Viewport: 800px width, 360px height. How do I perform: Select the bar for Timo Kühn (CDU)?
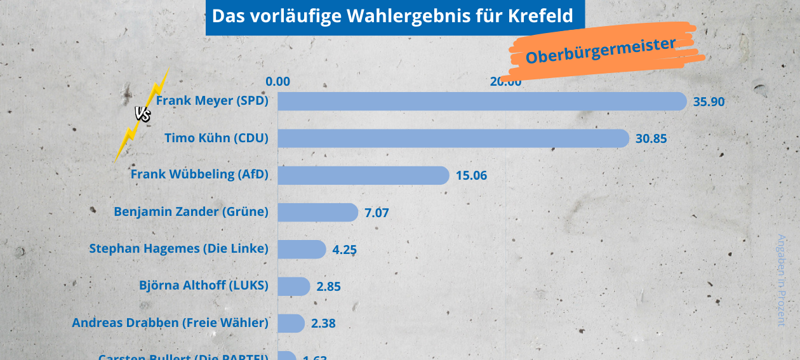[453, 138]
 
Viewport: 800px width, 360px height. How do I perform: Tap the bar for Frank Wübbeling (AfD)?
[363, 175]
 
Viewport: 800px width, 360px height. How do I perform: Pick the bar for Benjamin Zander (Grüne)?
[317, 212]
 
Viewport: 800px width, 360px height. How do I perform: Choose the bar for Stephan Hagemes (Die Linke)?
[302, 249]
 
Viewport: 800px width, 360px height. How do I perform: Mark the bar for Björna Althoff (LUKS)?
[293, 286]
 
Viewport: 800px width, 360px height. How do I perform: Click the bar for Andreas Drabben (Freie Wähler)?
[291, 323]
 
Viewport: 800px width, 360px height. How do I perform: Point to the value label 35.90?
[709, 102]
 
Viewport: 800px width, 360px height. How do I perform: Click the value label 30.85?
[651, 138]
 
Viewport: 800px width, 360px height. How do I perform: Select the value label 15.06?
[471, 175]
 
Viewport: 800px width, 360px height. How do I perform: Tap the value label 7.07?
[377, 213]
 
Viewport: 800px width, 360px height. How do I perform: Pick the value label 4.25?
[344, 250]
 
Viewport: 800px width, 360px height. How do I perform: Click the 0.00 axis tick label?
[278, 81]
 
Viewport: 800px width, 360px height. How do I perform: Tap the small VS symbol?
[142, 114]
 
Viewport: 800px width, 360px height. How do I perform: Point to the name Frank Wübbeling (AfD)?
[199, 174]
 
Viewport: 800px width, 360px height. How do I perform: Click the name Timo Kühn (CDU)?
[216, 138]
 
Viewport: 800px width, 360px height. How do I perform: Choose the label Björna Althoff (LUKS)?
[203, 285]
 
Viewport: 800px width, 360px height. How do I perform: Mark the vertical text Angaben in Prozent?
[782, 279]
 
